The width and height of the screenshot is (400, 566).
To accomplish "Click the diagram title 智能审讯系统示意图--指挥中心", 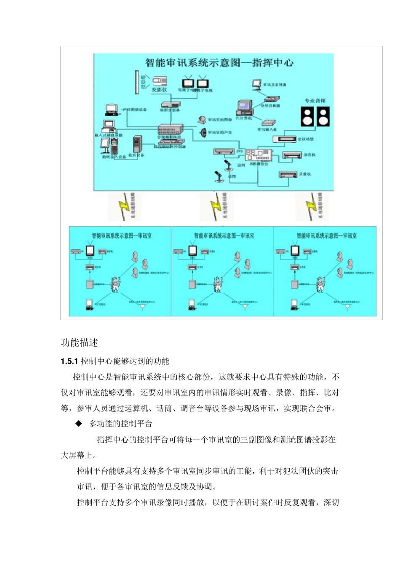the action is coord(219,63).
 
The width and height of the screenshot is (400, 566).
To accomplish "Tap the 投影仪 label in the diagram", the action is coord(159,90).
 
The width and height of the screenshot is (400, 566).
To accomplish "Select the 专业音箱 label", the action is coord(315,101).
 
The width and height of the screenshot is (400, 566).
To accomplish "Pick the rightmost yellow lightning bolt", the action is coord(312,206).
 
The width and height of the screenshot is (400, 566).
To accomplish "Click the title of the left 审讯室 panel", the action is coord(121,236).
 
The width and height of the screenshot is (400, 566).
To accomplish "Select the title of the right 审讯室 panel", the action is coord(326,236).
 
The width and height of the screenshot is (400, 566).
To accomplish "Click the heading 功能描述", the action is coord(79,343).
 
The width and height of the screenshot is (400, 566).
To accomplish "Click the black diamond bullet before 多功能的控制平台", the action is coord(79,424).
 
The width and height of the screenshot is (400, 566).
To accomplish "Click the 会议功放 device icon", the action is coord(284,139).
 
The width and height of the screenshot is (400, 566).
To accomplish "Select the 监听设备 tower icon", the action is coord(137,144).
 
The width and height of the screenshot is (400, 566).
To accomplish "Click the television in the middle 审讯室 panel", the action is coord(193,250).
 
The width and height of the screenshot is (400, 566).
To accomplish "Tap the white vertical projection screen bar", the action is coord(137,82).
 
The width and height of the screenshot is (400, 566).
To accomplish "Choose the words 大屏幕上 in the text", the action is coord(77,455).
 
